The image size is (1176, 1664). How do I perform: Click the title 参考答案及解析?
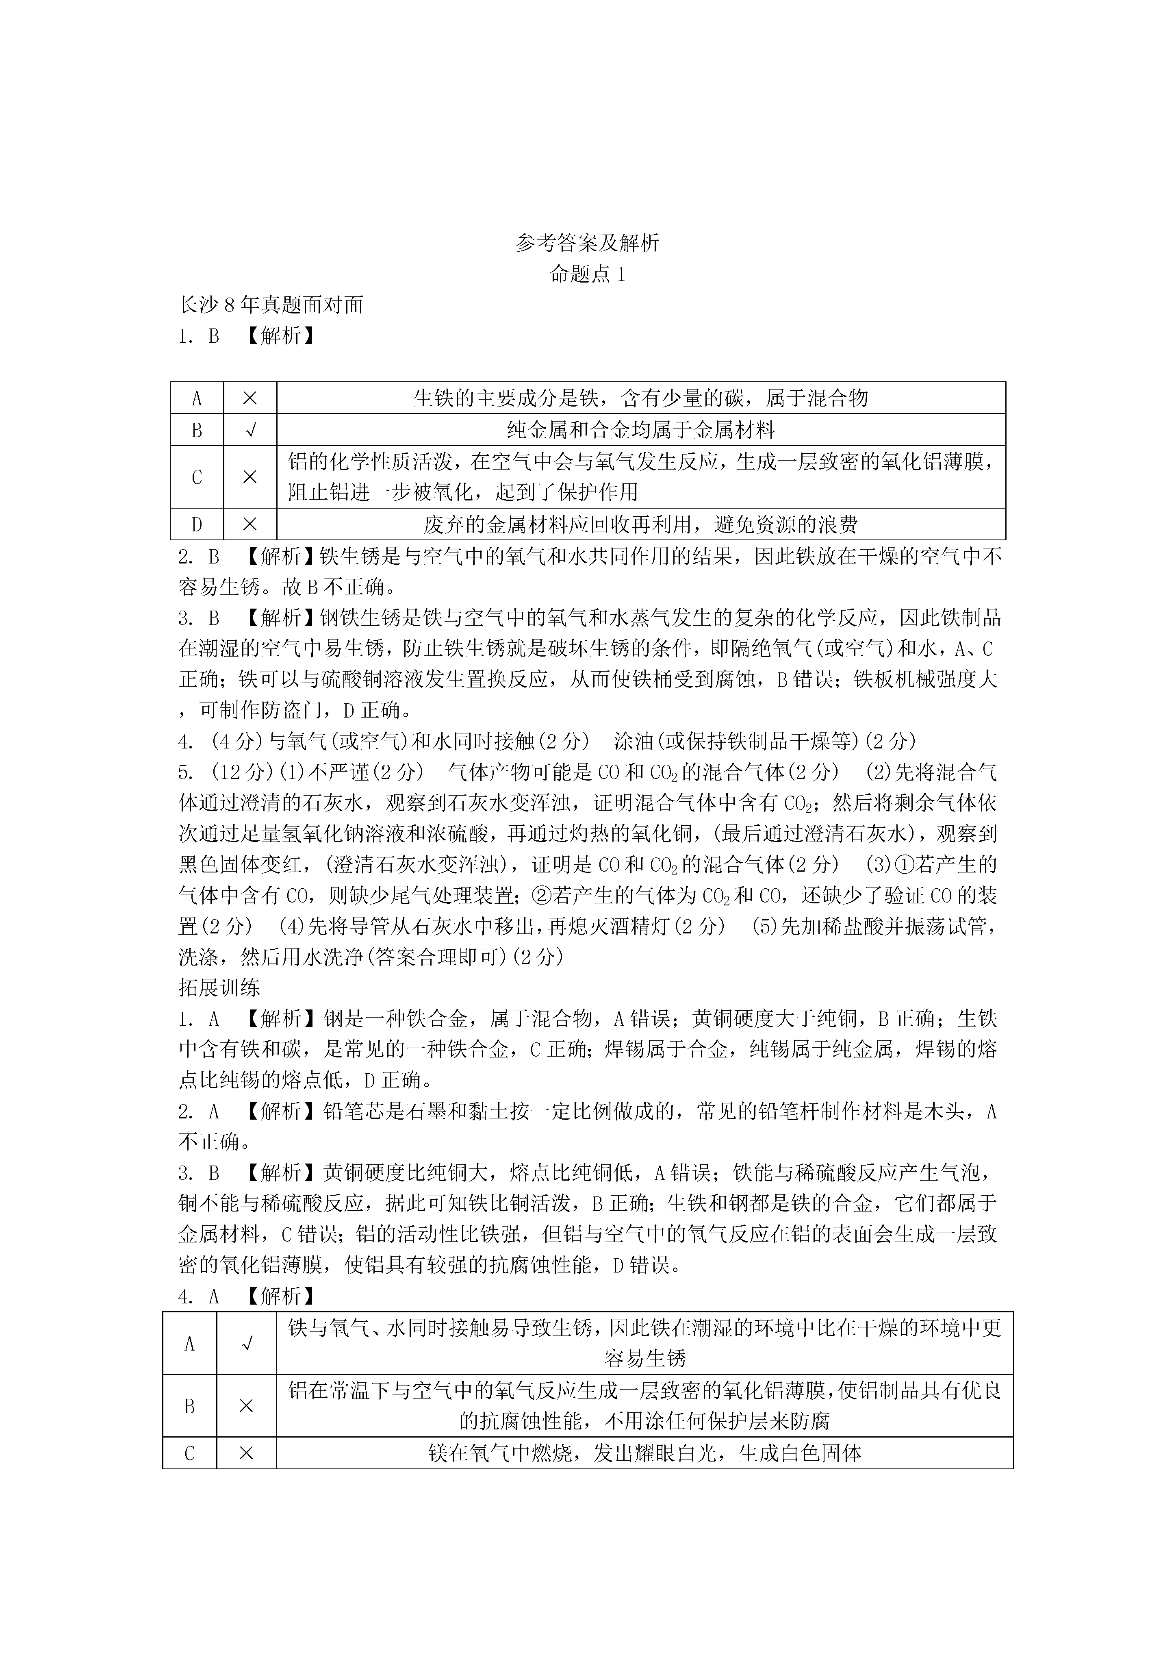(x=588, y=243)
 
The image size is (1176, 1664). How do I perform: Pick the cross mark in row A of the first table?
(x=250, y=398)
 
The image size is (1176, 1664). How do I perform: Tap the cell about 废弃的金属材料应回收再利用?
(x=640, y=524)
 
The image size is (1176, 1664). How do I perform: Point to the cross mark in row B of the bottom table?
(x=246, y=1405)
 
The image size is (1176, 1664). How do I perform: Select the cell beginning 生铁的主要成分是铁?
(x=640, y=398)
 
